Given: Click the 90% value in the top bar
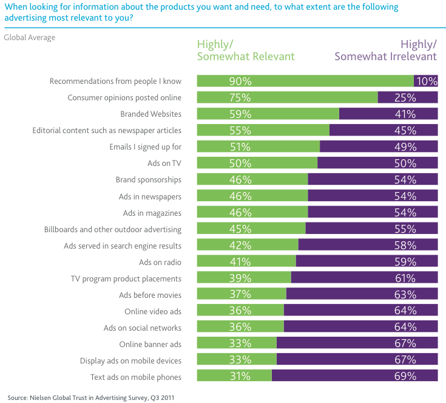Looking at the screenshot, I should [x=240, y=81].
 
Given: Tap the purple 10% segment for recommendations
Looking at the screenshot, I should [x=425, y=81].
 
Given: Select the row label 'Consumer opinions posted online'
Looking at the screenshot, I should [x=124, y=98].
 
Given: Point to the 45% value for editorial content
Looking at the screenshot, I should [x=404, y=131].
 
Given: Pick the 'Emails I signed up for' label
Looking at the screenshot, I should [x=145, y=147].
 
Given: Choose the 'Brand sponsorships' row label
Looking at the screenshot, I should [x=149, y=180].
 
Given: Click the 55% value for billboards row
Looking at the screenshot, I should [x=404, y=229].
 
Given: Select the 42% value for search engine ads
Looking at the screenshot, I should [x=240, y=246].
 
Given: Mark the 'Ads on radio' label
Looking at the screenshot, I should [x=160, y=262].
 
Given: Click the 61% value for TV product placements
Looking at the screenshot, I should [x=404, y=278].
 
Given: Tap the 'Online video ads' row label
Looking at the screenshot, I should [x=153, y=311].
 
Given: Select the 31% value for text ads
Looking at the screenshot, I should [x=240, y=377].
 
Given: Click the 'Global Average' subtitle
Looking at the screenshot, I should [x=30, y=38].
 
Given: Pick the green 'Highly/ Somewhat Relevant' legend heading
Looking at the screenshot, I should [x=246, y=50].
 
